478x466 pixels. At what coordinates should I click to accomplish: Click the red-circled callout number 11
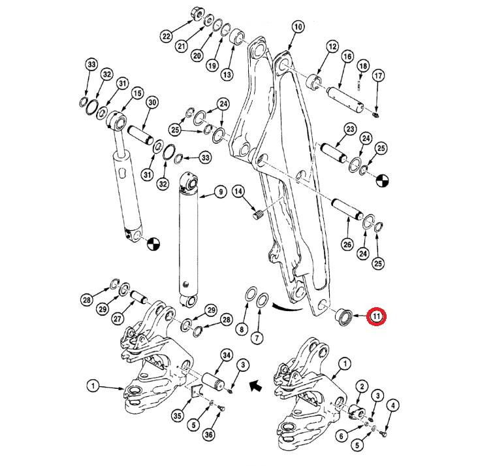pyautogui.click(x=377, y=317)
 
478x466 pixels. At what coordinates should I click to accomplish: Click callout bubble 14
pyautogui.click(x=238, y=191)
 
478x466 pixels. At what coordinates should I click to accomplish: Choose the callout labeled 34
pyautogui.click(x=227, y=354)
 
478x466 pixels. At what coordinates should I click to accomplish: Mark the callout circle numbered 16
pyautogui.click(x=347, y=58)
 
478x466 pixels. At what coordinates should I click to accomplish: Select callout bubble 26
pyautogui.click(x=347, y=244)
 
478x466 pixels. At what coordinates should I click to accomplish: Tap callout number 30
pyautogui.click(x=152, y=103)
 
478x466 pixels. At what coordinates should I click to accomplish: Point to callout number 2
pyautogui.click(x=359, y=387)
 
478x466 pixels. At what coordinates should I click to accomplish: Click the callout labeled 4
pyautogui.click(x=392, y=405)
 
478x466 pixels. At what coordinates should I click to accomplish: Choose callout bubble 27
pyautogui.click(x=118, y=319)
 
